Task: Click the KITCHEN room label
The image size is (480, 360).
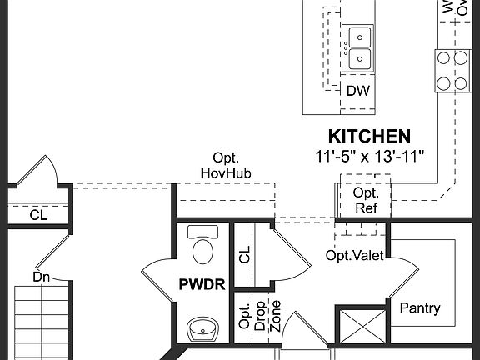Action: click(368, 135)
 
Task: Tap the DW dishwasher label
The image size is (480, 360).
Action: click(358, 91)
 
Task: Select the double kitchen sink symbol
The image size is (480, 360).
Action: click(358, 48)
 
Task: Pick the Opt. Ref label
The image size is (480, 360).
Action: click(366, 200)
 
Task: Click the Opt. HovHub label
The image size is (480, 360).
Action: click(226, 165)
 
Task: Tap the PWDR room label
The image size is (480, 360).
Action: click(202, 284)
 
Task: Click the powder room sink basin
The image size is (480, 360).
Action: click(202, 330)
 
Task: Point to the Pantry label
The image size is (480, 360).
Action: click(420, 308)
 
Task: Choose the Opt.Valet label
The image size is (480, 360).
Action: click(354, 255)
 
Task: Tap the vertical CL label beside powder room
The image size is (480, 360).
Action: click(244, 253)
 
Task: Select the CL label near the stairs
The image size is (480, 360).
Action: click(39, 214)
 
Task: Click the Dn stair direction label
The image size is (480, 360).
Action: click(42, 276)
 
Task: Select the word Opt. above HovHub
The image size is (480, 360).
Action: click(226, 157)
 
